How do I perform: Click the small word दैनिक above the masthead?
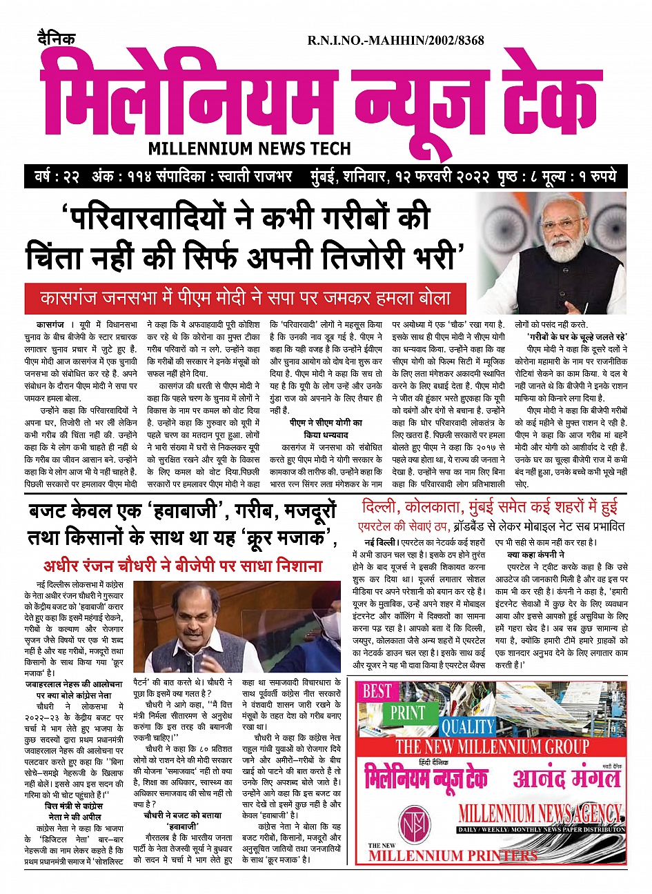coord(57,40)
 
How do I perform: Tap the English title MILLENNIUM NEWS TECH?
coord(249,148)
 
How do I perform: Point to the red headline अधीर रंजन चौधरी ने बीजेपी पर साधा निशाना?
coord(183,566)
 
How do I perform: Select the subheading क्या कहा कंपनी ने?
coord(535,554)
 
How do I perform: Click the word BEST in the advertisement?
coord(377,691)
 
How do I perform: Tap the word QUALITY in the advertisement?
coord(468,726)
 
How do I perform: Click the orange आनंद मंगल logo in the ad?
coord(566,778)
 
